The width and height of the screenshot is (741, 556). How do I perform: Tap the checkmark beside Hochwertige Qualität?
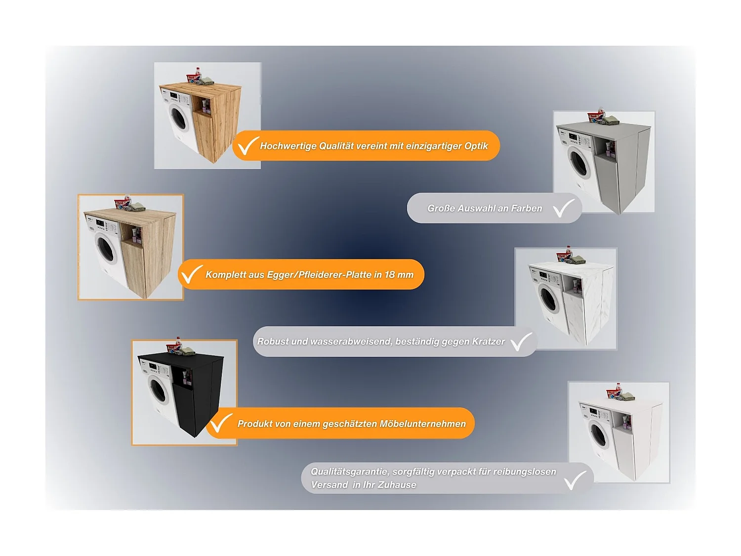247,145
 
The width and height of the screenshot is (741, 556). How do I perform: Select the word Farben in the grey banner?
526,209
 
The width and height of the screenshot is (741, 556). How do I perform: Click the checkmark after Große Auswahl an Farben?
563,208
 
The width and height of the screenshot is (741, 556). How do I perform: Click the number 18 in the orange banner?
389,275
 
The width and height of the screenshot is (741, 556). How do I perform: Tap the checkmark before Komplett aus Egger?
191,274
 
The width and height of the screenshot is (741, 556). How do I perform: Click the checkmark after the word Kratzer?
521,342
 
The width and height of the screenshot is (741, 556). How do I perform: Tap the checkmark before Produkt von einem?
220,423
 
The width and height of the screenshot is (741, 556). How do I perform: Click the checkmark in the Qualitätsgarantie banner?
574,480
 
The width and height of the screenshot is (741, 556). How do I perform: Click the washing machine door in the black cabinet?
158,389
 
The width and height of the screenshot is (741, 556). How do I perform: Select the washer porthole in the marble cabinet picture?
548,299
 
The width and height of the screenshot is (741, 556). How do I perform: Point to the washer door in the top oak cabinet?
178,117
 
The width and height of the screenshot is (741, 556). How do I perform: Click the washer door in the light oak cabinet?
105,248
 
